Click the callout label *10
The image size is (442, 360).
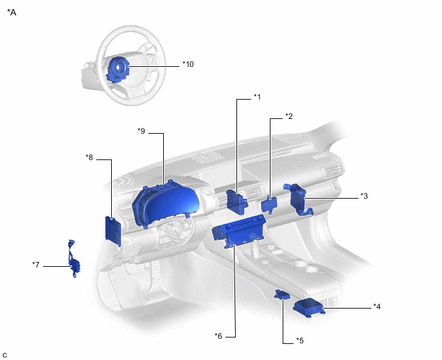[188, 64]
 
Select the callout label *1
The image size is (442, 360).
[257, 97]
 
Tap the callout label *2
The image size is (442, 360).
[289, 116]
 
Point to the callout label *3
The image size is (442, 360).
[364, 196]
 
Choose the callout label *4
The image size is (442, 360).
[377, 306]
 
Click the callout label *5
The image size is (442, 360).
[300, 340]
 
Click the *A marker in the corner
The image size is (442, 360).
[12, 12]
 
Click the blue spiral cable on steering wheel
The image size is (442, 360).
[118, 68]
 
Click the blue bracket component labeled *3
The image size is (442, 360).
[300, 198]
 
